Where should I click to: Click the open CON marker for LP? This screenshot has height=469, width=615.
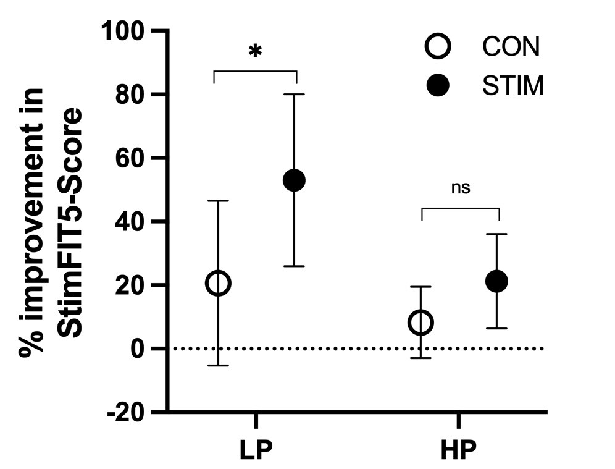tap(218, 284)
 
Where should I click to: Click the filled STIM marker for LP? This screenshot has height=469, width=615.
tap(294, 180)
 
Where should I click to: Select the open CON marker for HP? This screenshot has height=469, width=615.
tap(420, 323)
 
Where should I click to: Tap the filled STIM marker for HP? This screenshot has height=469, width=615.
tap(496, 281)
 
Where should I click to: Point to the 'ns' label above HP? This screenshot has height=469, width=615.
tap(461, 188)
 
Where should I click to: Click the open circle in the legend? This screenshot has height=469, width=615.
tap(438, 46)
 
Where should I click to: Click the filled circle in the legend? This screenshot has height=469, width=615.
tap(438, 87)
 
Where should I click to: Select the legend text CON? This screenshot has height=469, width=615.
tap(511, 46)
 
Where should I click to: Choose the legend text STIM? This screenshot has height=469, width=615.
tap(513, 87)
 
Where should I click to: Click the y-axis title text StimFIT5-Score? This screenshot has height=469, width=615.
tap(73, 222)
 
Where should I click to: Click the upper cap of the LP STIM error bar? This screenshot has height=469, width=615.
tap(294, 94)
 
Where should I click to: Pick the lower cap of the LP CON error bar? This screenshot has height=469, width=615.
tap(218, 366)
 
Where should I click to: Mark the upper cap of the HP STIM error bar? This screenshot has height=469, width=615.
tap(496, 234)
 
